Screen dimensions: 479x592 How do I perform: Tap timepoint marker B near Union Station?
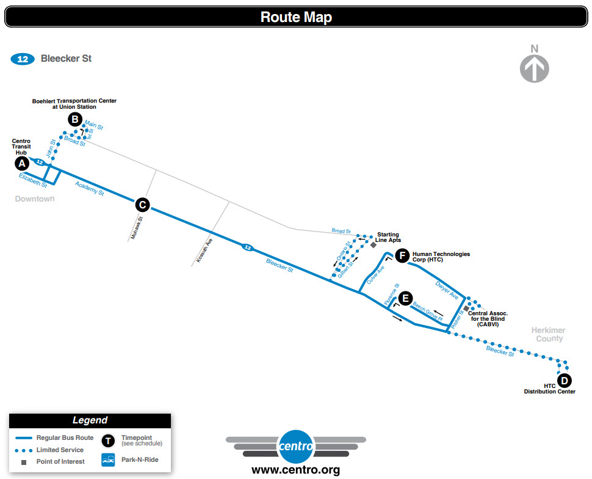click(x=75, y=120)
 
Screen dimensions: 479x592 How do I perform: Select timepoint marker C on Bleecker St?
click(x=142, y=205)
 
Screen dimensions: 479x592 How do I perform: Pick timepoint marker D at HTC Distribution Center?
click(x=565, y=381)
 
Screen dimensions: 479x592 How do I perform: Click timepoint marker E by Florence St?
click(x=404, y=299)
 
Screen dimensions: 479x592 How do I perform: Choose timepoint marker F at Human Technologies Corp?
click(x=402, y=256)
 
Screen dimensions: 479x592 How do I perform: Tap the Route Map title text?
click(x=296, y=17)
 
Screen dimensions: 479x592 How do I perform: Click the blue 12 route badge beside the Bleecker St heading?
click(x=23, y=59)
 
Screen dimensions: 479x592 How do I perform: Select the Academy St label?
click(x=89, y=188)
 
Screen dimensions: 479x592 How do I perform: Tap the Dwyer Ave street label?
click(x=447, y=290)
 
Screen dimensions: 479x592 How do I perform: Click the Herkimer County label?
click(x=549, y=335)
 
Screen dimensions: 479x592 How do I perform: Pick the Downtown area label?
click(x=35, y=199)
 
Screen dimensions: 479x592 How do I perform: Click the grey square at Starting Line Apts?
click(x=374, y=244)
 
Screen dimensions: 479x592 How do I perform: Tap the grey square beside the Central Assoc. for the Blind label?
click(x=466, y=309)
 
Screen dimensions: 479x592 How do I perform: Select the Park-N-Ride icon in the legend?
click(x=108, y=459)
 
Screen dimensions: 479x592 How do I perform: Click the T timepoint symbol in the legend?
click(x=108, y=441)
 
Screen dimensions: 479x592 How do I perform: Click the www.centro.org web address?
click(x=295, y=470)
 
